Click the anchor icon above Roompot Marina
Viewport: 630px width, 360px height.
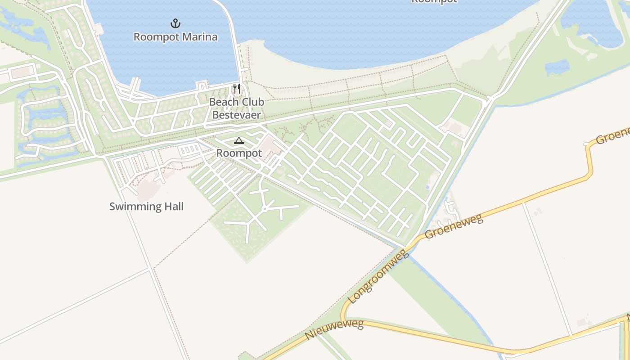[x=175, y=23]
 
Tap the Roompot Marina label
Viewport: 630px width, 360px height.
[x=175, y=37]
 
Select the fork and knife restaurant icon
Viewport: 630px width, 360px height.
[x=237, y=89]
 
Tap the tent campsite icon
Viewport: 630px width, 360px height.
[x=238, y=140]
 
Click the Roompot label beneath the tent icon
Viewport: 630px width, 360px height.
[x=239, y=153]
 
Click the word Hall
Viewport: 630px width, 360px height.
[x=173, y=207]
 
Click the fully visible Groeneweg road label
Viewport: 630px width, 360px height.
[x=454, y=226]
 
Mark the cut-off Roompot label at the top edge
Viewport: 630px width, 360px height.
[x=434, y=1]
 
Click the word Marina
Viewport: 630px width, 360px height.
[x=198, y=37]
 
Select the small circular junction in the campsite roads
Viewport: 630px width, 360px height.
[x=265, y=209]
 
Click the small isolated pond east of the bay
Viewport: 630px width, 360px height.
[x=557, y=67]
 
